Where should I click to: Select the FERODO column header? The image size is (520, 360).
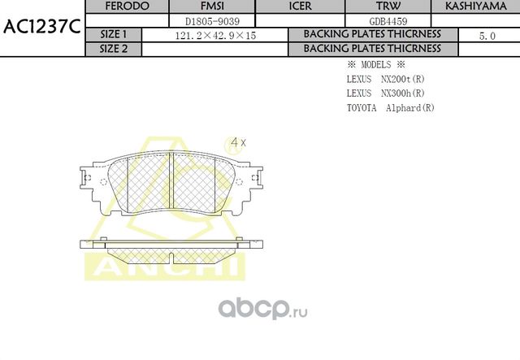click(x=127, y=6)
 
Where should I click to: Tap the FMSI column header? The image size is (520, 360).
click(x=200, y=6)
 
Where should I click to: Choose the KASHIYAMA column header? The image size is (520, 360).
click(x=475, y=6)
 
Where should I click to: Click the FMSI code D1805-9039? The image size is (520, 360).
click(x=200, y=20)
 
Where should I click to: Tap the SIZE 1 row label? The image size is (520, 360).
click(x=113, y=35)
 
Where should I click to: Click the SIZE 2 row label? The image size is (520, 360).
click(x=113, y=49)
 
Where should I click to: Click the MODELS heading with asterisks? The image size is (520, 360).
click(x=375, y=64)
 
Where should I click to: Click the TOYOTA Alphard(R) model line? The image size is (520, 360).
click(x=390, y=107)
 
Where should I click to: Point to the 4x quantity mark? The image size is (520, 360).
click(x=237, y=142)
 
